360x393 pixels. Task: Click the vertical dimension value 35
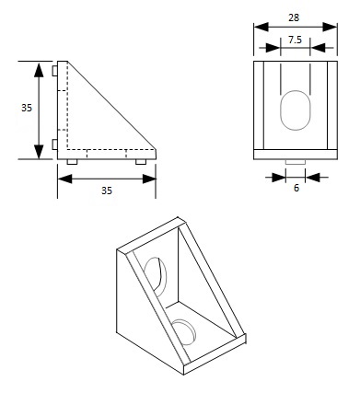pos(27,108)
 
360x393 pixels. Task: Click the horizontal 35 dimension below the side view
pos(107,191)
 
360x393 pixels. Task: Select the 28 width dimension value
pos(293,17)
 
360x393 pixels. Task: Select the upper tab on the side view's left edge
pos(56,71)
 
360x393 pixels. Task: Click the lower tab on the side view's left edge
pos(56,144)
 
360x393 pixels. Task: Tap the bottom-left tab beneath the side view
pos(73,161)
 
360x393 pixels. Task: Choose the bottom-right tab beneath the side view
pos(140,161)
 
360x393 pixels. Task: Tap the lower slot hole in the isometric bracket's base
pos(183,330)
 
